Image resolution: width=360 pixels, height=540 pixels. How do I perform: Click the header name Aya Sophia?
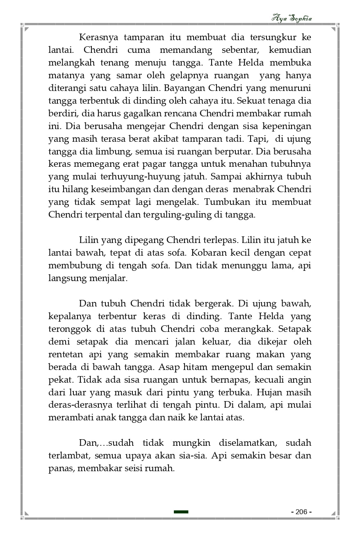point(292,18)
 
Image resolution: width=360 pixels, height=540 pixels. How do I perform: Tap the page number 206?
point(301,512)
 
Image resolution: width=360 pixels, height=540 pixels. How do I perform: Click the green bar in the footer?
point(181,512)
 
